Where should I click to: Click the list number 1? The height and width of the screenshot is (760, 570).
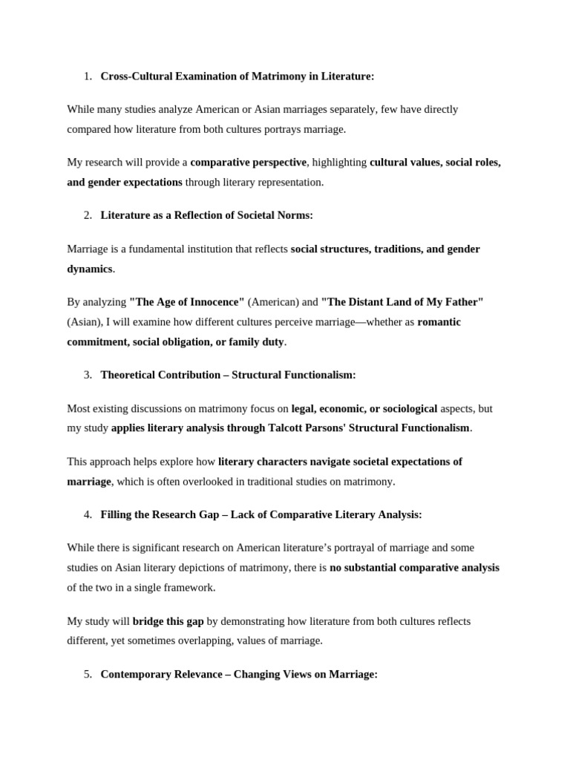coord(88,76)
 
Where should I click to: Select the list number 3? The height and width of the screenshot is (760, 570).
coord(88,375)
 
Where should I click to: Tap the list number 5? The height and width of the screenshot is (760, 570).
coord(88,674)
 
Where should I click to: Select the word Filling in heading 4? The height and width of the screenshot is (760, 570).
coord(117,514)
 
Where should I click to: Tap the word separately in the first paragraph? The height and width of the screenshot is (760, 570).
coord(351,109)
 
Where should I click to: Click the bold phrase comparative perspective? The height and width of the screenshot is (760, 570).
coord(248,162)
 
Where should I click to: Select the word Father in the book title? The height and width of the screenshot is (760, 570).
coord(462,302)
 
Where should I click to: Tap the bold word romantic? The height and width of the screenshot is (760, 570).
coord(439,321)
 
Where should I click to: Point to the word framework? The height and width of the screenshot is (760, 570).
coord(190,587)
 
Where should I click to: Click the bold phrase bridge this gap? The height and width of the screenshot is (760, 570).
coord(168,620)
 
